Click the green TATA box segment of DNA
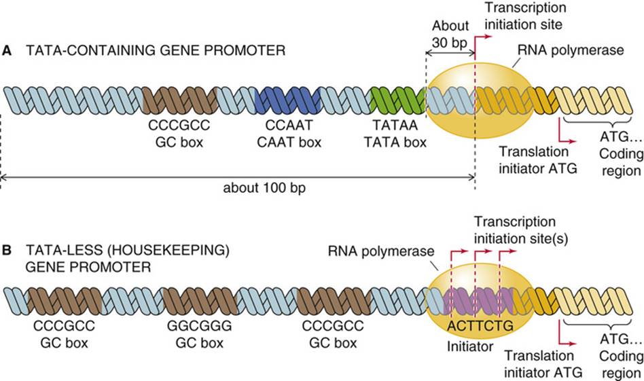397,101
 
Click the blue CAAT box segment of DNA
288,101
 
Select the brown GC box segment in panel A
180,101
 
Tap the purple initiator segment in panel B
479,301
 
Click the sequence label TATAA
395,125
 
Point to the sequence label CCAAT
289,125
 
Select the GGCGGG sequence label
199,326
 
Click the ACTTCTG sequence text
480,326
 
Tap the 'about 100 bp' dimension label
264,188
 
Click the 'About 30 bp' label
450,34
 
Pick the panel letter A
7,50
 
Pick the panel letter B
7,250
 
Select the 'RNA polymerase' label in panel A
571,50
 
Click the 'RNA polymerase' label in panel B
380,251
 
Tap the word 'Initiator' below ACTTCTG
470,346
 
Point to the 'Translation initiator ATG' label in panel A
537,160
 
